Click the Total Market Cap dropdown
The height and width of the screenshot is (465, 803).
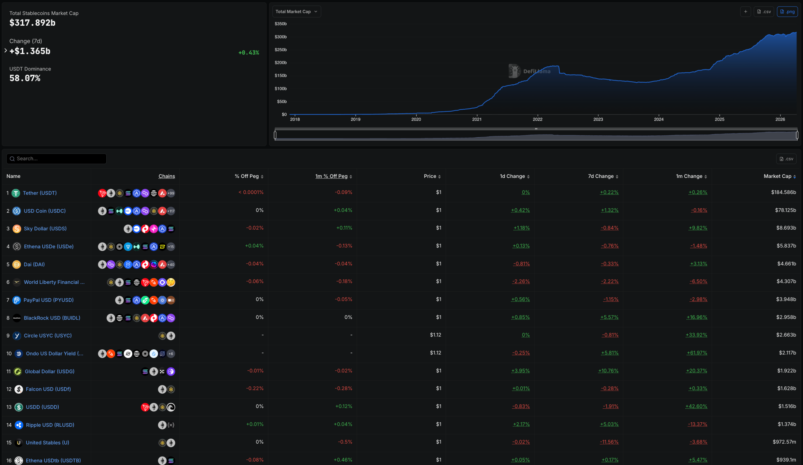pyautogui.click(x=296, y=12)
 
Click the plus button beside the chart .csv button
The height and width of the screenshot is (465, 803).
pyautogui.click(x=745, y=12)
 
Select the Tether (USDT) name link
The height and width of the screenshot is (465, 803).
pyautogui.click(x=40, y=193)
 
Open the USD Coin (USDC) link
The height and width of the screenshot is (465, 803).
pyautogui.click(x=45, y=211)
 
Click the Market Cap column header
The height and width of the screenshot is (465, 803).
pyautogui.click(x=777, y=176)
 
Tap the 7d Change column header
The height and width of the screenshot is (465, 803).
pyautogui.click(x=601, y=176)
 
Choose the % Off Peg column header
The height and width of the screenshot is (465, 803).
pyautogui.click(x=247, y=176)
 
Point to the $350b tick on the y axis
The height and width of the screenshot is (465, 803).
pyautogui.click(x=280, y=24)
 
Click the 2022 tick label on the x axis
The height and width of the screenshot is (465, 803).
pyautogui.click(x=537, y=119)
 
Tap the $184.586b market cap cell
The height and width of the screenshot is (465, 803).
pyautogui.click(x=783, y=192)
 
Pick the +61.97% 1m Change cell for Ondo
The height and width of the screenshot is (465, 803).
pyautogui.click(x=697, y=353)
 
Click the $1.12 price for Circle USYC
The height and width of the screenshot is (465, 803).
pyautogui.click(x=435, y=335)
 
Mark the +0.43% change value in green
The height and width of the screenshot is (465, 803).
pyautogui.click(x=248, y=53)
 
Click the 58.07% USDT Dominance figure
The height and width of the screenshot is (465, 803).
pyautogui.click(x=25, y=78)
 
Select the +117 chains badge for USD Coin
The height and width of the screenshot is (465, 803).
pyautogui.click(x=171, y=211)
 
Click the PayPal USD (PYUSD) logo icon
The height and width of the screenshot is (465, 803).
pyautogui.click(x=17, y=300)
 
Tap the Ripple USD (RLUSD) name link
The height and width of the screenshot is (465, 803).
pyautogui.click(x=50, y=425)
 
